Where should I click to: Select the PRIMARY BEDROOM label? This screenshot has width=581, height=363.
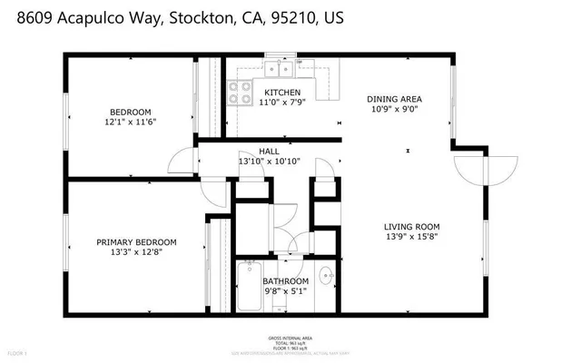pyautogui.click(x=136, y=242)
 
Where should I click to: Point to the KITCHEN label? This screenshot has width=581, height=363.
pyautogui.click(x=281, y=93)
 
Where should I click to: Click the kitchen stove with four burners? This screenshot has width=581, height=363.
pyautogui.click(x=239, y=92)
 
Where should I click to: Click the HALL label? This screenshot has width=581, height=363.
pyautogui.click(x=269, y=152)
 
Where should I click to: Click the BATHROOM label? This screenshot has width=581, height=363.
pyautogui.click(x=286, y=281)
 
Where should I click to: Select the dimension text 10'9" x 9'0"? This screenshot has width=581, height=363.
pyautogui.click(x=394, y=110)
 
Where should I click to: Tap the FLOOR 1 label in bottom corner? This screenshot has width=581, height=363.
pyautogui.click(x=18, y=352)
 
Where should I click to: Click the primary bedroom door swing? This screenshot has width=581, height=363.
pyautogui.click(x=214, y=190)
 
